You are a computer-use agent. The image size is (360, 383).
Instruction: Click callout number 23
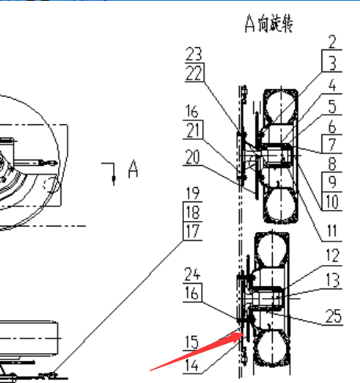click(x=193, y=53)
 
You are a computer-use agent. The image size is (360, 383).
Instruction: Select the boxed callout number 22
click(x=194, y=73)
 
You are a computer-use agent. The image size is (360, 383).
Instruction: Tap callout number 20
click(x=193, y=157)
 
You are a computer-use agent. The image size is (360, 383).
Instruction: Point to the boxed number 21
click(x=193, y=130)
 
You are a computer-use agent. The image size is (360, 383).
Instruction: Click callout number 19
click(x=193, y=193)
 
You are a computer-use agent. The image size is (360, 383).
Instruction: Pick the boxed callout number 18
click(x=193, y=212)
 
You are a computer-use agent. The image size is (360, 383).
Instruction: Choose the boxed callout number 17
click(x=193, y=231)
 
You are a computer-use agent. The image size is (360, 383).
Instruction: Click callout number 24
click(x=193, y=274)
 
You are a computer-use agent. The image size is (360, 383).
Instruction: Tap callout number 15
click(x=192, y=342)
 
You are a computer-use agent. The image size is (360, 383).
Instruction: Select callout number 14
click(x=192, y=365)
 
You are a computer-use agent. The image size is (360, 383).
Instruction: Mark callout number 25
click(x=333, y=316)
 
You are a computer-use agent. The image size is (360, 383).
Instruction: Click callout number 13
click(x=332, y=280)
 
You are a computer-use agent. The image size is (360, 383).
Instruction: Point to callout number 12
click(x=332, y=256)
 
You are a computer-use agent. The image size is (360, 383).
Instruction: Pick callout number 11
click(x=332, y=231)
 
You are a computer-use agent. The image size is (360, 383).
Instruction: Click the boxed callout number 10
click(x=332, y=201)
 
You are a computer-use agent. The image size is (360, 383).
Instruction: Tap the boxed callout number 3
click(x=332, y=63)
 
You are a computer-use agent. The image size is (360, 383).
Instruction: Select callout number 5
click(x=332, y=106)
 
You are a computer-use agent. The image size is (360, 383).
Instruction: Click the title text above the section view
click(x=269, y=23)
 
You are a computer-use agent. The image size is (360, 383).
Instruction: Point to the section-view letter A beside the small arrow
click(x=133, y=169)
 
